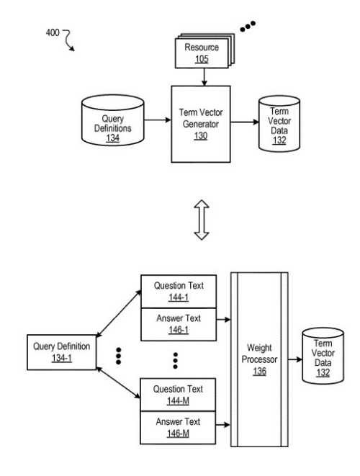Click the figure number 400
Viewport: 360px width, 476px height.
point(53,32)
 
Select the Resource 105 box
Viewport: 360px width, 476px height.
point(201,53)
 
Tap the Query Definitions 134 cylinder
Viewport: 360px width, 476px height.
point(113,123)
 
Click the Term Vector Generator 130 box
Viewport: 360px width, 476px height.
point(200,123)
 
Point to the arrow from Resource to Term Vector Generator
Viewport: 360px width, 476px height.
point(204,77)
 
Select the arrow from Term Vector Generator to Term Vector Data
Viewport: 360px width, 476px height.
point(244,123)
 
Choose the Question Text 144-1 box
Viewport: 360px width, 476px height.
point(178,291)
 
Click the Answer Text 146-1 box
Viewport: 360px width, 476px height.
point(178,323)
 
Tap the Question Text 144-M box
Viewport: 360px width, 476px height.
point(178,395)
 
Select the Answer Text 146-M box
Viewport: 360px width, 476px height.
point(178,427)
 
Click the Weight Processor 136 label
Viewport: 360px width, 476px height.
point(258,359)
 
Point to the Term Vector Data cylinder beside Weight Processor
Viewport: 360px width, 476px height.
point(323,358)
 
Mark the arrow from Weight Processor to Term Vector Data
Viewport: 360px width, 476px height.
point(294,359)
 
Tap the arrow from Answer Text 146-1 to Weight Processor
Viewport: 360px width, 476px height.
point(223,318)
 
